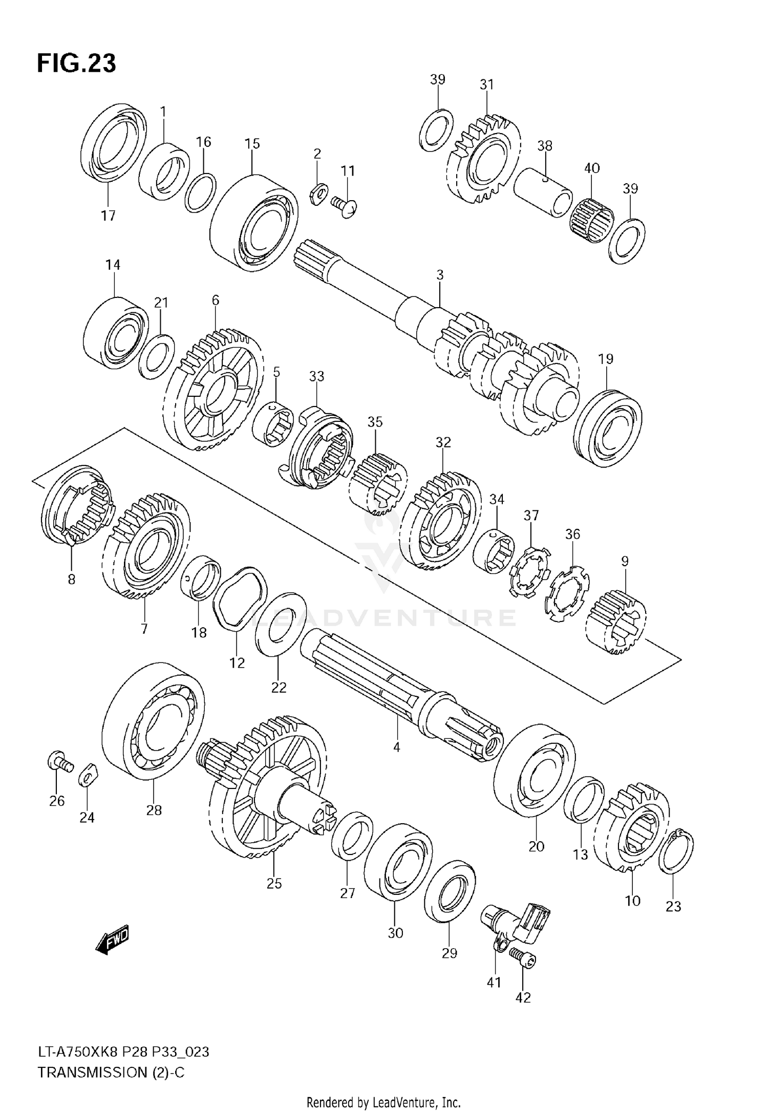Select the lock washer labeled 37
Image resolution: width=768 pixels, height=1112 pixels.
tap(529, 571)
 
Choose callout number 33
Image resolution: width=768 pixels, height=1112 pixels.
tap(316, 376)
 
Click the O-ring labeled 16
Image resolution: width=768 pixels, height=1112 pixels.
tap(200, 193)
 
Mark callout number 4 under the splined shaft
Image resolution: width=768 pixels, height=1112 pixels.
tap(396, 747)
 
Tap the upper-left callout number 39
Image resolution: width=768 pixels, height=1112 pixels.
tap(437, 79)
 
